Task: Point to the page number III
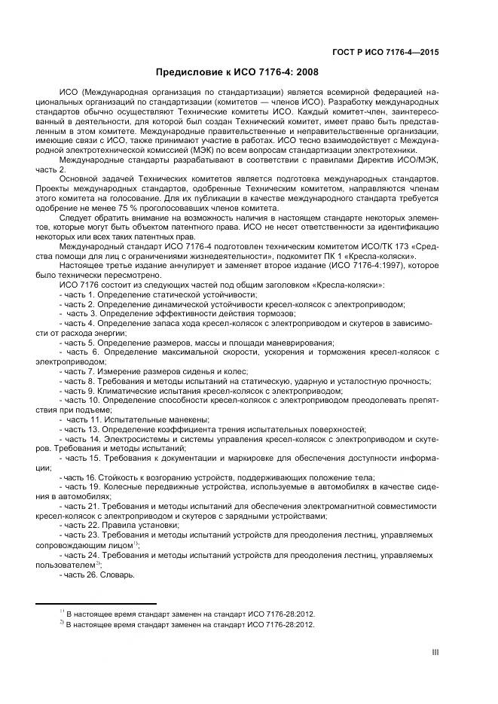[x=435, y=652]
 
